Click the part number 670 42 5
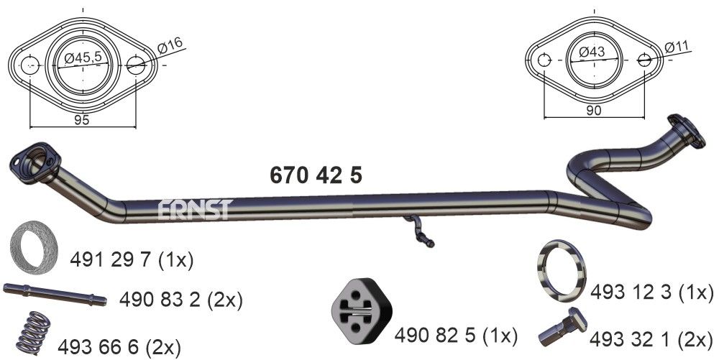coord(316,175)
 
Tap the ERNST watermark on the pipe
coord(194,209)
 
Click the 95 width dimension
coord(81,120)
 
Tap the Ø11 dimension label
coord(678,47)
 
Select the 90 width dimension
coord(595,110)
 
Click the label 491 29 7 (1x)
coord(132,259)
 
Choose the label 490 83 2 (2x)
coord(181,299)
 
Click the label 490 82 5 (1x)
coord(456,335)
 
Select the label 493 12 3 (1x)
coord(651,292)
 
